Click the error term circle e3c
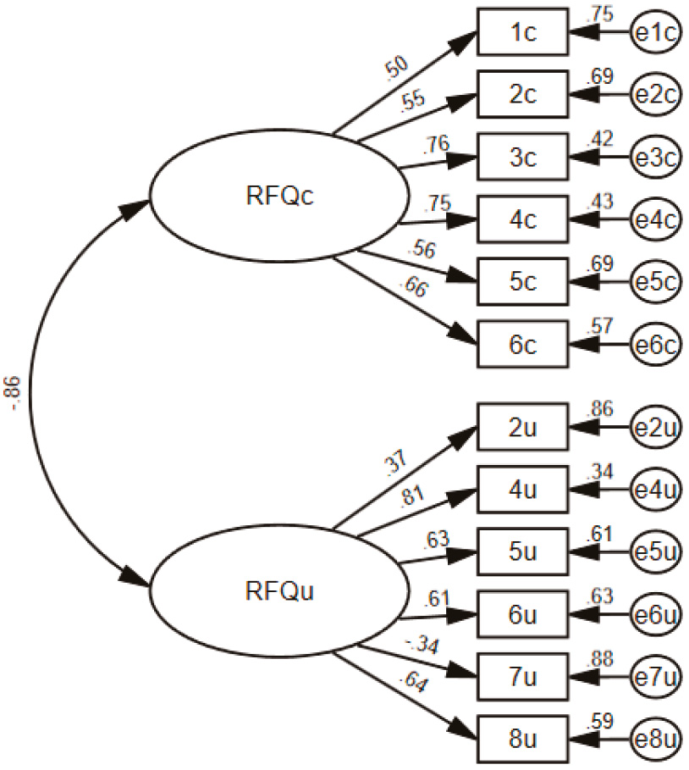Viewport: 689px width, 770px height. [656, 158]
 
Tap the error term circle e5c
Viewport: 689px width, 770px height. [656, 282]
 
